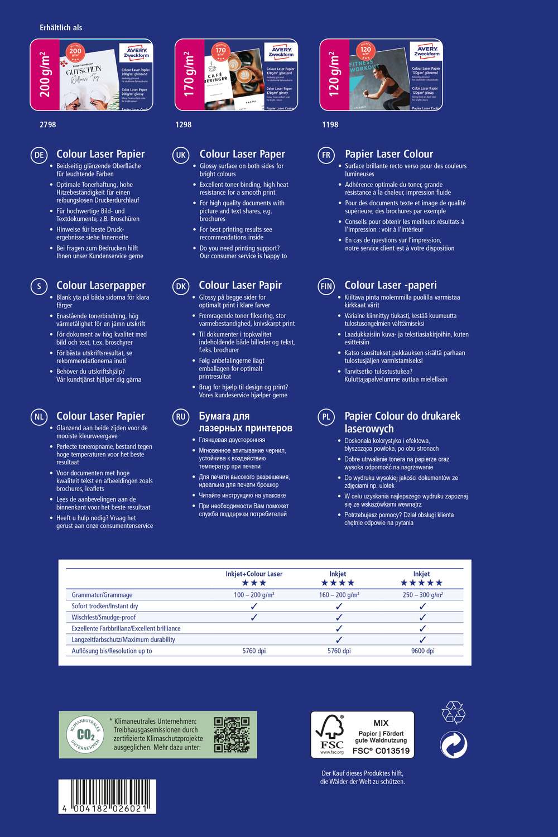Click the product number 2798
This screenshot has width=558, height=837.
pos(48,124)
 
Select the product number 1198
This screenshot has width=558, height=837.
pos(330,124)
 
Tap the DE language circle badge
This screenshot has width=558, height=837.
pos(39,155)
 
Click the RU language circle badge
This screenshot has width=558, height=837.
pos(181,417)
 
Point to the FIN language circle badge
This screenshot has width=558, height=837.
pos(326,286)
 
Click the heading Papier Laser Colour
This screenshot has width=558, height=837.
pos(388,154)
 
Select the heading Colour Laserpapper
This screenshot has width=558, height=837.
pos(100,285)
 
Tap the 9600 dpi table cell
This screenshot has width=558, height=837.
pos(422,651)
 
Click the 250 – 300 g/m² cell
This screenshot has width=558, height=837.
pos(422,595)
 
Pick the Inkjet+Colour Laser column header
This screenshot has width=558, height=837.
pos(254,574)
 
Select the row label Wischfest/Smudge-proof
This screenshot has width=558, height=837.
pos(104,617)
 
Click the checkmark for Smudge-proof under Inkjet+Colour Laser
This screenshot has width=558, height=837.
pos(254,617)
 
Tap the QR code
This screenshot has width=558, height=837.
pos(232,735)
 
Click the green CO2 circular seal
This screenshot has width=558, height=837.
pos(85,735)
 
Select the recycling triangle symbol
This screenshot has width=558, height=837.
pos(453,713)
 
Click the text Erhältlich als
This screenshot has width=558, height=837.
pos(61,27)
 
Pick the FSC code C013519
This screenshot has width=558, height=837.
pos(381,751)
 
